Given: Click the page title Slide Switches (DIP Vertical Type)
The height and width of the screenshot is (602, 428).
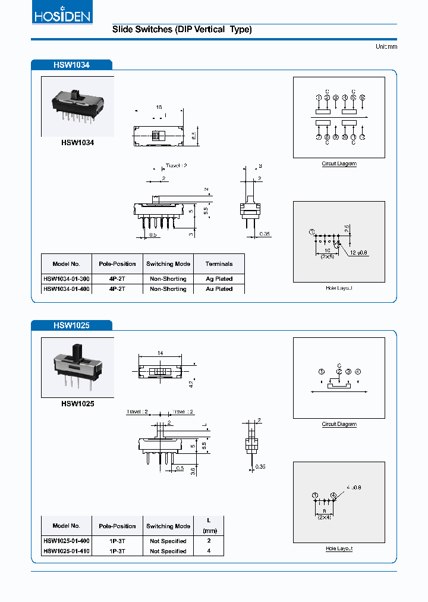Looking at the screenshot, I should point(182,29).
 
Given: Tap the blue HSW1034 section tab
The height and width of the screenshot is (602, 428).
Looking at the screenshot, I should point(71,64).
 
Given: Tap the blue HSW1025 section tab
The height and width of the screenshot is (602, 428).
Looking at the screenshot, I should point(71,325).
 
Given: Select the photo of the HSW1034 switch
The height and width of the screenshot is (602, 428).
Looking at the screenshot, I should point(77,106).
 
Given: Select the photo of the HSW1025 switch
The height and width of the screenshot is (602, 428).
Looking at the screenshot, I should point(77,367).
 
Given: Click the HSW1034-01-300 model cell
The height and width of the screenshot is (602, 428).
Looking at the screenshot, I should point(65,278).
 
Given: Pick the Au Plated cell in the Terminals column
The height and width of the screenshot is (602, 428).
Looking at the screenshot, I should point(219,289).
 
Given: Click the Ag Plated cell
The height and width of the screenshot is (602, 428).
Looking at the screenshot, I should point(219,278).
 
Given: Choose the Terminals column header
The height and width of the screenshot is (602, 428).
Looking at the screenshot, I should point(219,264).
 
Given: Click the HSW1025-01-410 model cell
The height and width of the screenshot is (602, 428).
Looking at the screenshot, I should point(67,551).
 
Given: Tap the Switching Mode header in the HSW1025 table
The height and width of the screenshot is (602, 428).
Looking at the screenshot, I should point(168,526).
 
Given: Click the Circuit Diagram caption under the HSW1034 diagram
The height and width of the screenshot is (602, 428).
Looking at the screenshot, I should point(339,164).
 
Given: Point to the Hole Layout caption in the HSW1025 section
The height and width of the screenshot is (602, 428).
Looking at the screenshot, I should point(339,548).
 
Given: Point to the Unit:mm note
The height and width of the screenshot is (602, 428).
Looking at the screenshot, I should point(386,46).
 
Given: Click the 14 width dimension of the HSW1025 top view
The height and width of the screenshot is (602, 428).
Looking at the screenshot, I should point(160,353).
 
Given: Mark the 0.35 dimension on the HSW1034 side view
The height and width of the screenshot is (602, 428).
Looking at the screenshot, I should point(265,234).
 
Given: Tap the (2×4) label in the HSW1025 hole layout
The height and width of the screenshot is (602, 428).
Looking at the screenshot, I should point(325,517).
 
